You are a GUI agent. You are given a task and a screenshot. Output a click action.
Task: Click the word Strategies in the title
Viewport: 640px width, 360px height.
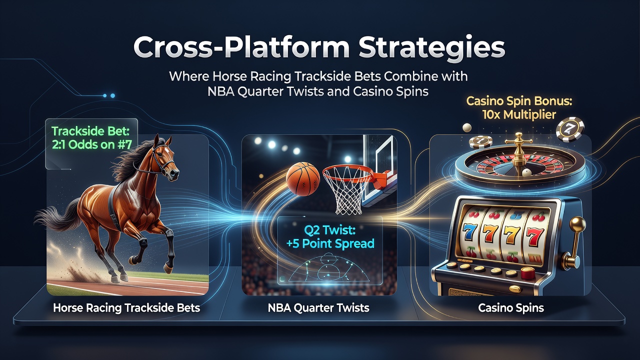point(431,47)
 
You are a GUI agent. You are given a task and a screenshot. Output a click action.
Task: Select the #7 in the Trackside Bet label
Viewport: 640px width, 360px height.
point(124,145)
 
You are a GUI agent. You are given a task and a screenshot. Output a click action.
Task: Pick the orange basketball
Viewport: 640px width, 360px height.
point(303,179)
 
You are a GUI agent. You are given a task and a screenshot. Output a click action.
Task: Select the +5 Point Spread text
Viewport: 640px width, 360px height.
point(330,243)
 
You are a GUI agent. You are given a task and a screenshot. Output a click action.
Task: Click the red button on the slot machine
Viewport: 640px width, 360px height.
point(527,273)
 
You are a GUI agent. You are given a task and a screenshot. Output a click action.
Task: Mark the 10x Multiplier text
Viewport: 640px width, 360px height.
point(519,115)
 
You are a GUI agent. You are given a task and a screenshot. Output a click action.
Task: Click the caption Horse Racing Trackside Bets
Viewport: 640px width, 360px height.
point(126,307)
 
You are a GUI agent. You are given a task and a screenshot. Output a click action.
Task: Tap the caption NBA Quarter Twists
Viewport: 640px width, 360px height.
point(318,307)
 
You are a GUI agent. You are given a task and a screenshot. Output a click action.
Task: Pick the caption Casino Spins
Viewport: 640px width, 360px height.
point(511,307)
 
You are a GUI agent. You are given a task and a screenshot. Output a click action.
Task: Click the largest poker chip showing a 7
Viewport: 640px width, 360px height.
point(570,129)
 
